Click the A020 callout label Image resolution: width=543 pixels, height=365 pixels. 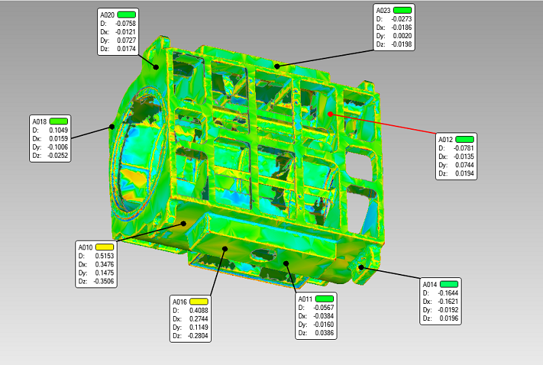[x=107, y=15]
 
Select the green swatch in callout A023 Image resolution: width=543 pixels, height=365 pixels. [x=402, y=10]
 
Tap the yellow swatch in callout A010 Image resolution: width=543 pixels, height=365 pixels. [x=105, y=247]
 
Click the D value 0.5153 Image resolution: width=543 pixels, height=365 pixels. [x=105, y=256]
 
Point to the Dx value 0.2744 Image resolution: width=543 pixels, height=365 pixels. [x=199, y=319]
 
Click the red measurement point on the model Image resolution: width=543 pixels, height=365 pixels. [x=331, y=114]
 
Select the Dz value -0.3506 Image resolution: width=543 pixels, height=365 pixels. [x=103, y=281]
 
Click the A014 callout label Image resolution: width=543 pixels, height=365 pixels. [x=430, y=284]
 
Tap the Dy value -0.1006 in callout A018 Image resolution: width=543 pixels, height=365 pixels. [x=58, y=147]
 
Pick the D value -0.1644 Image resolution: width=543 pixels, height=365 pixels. [x=448, y=293]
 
